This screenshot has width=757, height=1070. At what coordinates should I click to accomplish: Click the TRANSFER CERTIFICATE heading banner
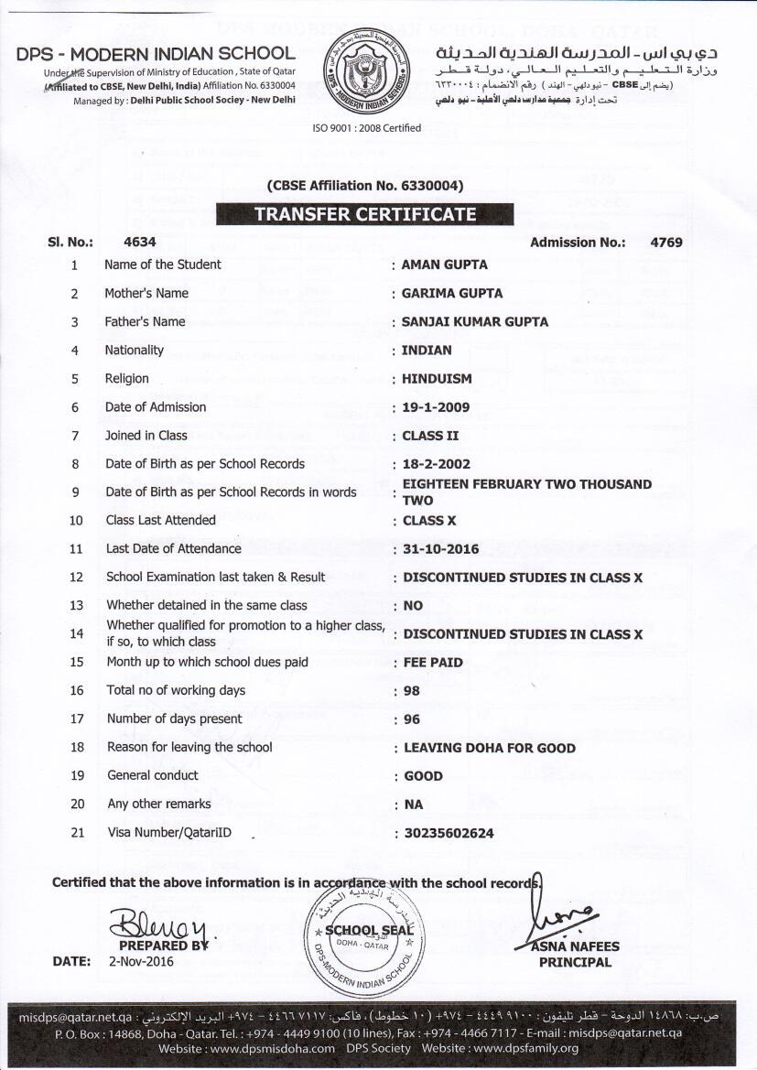[x=364, y=214]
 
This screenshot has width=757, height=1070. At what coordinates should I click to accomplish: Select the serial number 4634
[x=139, y=243]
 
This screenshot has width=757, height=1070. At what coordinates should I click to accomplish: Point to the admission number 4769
[x=665, y=243]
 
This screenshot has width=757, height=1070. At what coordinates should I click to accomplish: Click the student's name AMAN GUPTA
[x=444, y=265]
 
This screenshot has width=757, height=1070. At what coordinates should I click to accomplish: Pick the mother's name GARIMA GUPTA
[x=451, y=293]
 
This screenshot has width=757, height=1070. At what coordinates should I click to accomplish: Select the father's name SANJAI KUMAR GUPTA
[x=475, y=321]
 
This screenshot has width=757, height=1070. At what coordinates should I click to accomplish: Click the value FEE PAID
[x=433, y=662]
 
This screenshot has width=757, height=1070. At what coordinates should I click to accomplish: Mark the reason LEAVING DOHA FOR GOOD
[x=490, y=748]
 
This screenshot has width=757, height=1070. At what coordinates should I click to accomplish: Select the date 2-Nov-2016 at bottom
[x=141, y=962]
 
